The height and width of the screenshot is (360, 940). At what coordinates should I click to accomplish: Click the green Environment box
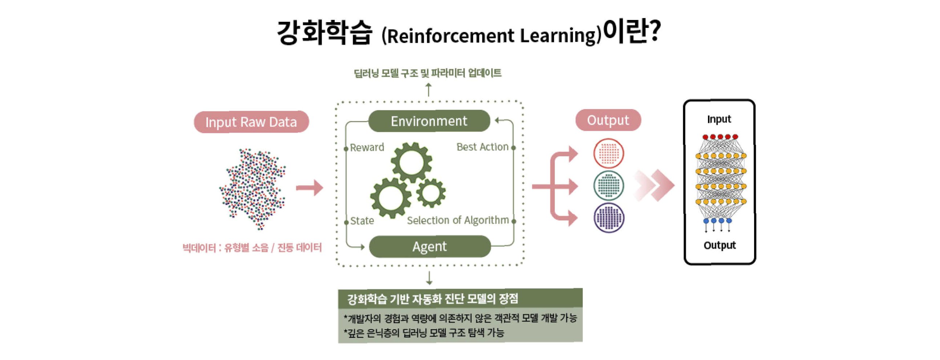pyautogui.click(x=429, y=121)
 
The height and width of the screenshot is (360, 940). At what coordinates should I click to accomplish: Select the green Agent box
pyautogui.click(x=429, y=246)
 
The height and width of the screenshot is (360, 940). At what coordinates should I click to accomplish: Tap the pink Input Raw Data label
pyautogui.click(x=251, y=122)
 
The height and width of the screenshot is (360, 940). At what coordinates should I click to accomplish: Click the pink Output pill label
pyautogui.click(x=608, y=120)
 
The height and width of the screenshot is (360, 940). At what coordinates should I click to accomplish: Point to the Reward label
pyautogui.click(x=367, y=147)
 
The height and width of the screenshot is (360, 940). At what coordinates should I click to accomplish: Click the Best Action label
pyautogui.click(x=482, y=147)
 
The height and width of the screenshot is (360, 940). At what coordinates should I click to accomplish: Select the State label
pyautogui.click(x=362, y=221)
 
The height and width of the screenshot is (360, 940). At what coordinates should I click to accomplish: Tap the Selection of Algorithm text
pyautogui.click(x=458, y=220)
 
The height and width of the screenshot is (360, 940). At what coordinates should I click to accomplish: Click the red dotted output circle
pyautogui.click(x=608, y=153)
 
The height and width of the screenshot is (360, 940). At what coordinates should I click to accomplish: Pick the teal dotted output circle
pyautogui.click(x=608, y=186)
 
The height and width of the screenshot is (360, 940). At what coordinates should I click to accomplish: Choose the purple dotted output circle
pyautogui.click(x=608, y=218)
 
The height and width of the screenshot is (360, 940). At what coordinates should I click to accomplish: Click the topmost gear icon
pyautogui.click(x=411, y=162)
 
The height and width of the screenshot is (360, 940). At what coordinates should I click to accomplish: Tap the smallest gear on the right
pyautogui.click(x=431, y=193)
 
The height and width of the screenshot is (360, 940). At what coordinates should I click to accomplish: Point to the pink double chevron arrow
pyautogui.click(x=654, y=185)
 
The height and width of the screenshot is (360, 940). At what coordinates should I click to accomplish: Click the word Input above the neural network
pyautogui.click(x=719, y=119)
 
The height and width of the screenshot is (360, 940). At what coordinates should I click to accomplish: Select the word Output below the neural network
pyautogui.click(x=720, y=245)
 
